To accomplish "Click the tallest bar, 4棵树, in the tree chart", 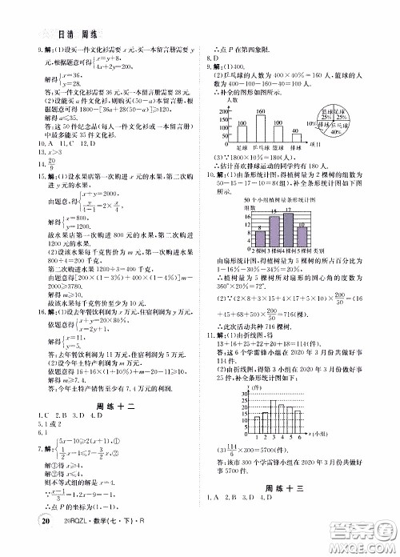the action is tap(289, 233).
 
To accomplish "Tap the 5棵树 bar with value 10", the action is tap(304, 239).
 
